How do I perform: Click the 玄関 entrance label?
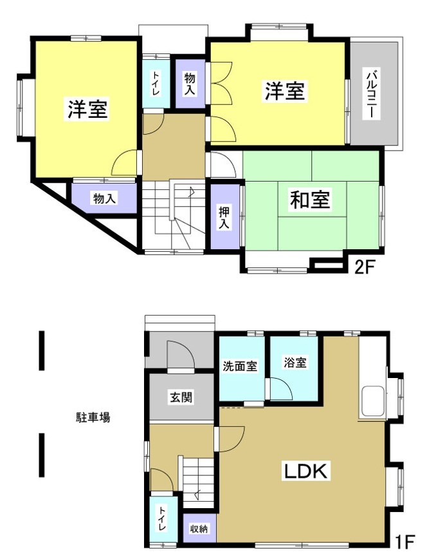point(180,397)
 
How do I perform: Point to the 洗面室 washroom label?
point(240,366)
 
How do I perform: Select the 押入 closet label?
point(224,216)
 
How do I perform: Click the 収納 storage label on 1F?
point(199,529)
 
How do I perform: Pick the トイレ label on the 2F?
point(156,84)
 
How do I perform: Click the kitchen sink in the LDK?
point(373,402)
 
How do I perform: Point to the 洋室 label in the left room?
point(87,109)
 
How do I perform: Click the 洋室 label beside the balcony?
point(284,91)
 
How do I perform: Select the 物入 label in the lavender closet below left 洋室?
point(104,198)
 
